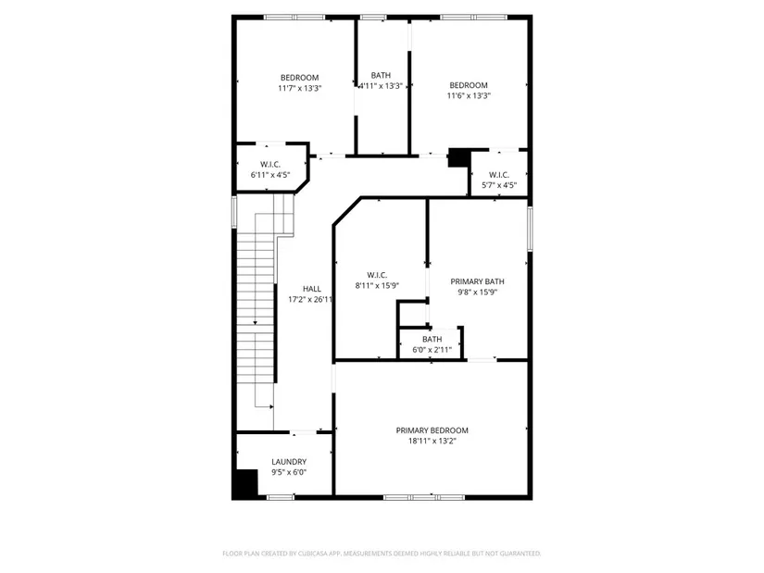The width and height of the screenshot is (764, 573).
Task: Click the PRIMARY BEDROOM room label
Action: coord(432,430)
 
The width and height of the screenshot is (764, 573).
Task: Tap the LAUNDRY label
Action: coord(289,461)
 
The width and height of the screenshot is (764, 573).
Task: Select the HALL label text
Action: coord(312,289)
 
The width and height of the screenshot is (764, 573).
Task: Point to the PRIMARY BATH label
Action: coord(477,281)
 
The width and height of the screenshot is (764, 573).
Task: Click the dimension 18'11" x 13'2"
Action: coord(432,441)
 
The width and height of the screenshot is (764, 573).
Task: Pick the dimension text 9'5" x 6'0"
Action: coord(289,472)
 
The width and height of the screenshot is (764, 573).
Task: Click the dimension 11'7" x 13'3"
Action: coord(300,88)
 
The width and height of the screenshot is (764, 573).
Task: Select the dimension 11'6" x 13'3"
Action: coord(469,96)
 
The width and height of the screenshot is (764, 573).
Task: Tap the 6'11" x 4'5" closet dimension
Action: coord(270,175)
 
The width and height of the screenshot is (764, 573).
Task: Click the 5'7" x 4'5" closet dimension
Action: coord(499,185)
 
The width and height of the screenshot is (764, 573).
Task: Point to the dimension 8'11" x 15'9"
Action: coord(377,285)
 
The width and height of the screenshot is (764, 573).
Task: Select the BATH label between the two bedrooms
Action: coord(381,75)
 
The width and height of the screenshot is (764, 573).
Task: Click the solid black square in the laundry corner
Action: coord(246,483)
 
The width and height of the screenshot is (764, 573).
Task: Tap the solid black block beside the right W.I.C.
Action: coord(458,157)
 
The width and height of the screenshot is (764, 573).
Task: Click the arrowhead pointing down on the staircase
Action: coord(255,322)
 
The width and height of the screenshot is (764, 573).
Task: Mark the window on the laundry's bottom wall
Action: coord(281,497)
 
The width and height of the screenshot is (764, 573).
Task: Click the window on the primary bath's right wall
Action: coord(530,229)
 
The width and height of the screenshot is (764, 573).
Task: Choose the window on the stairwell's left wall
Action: coord(234,211)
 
